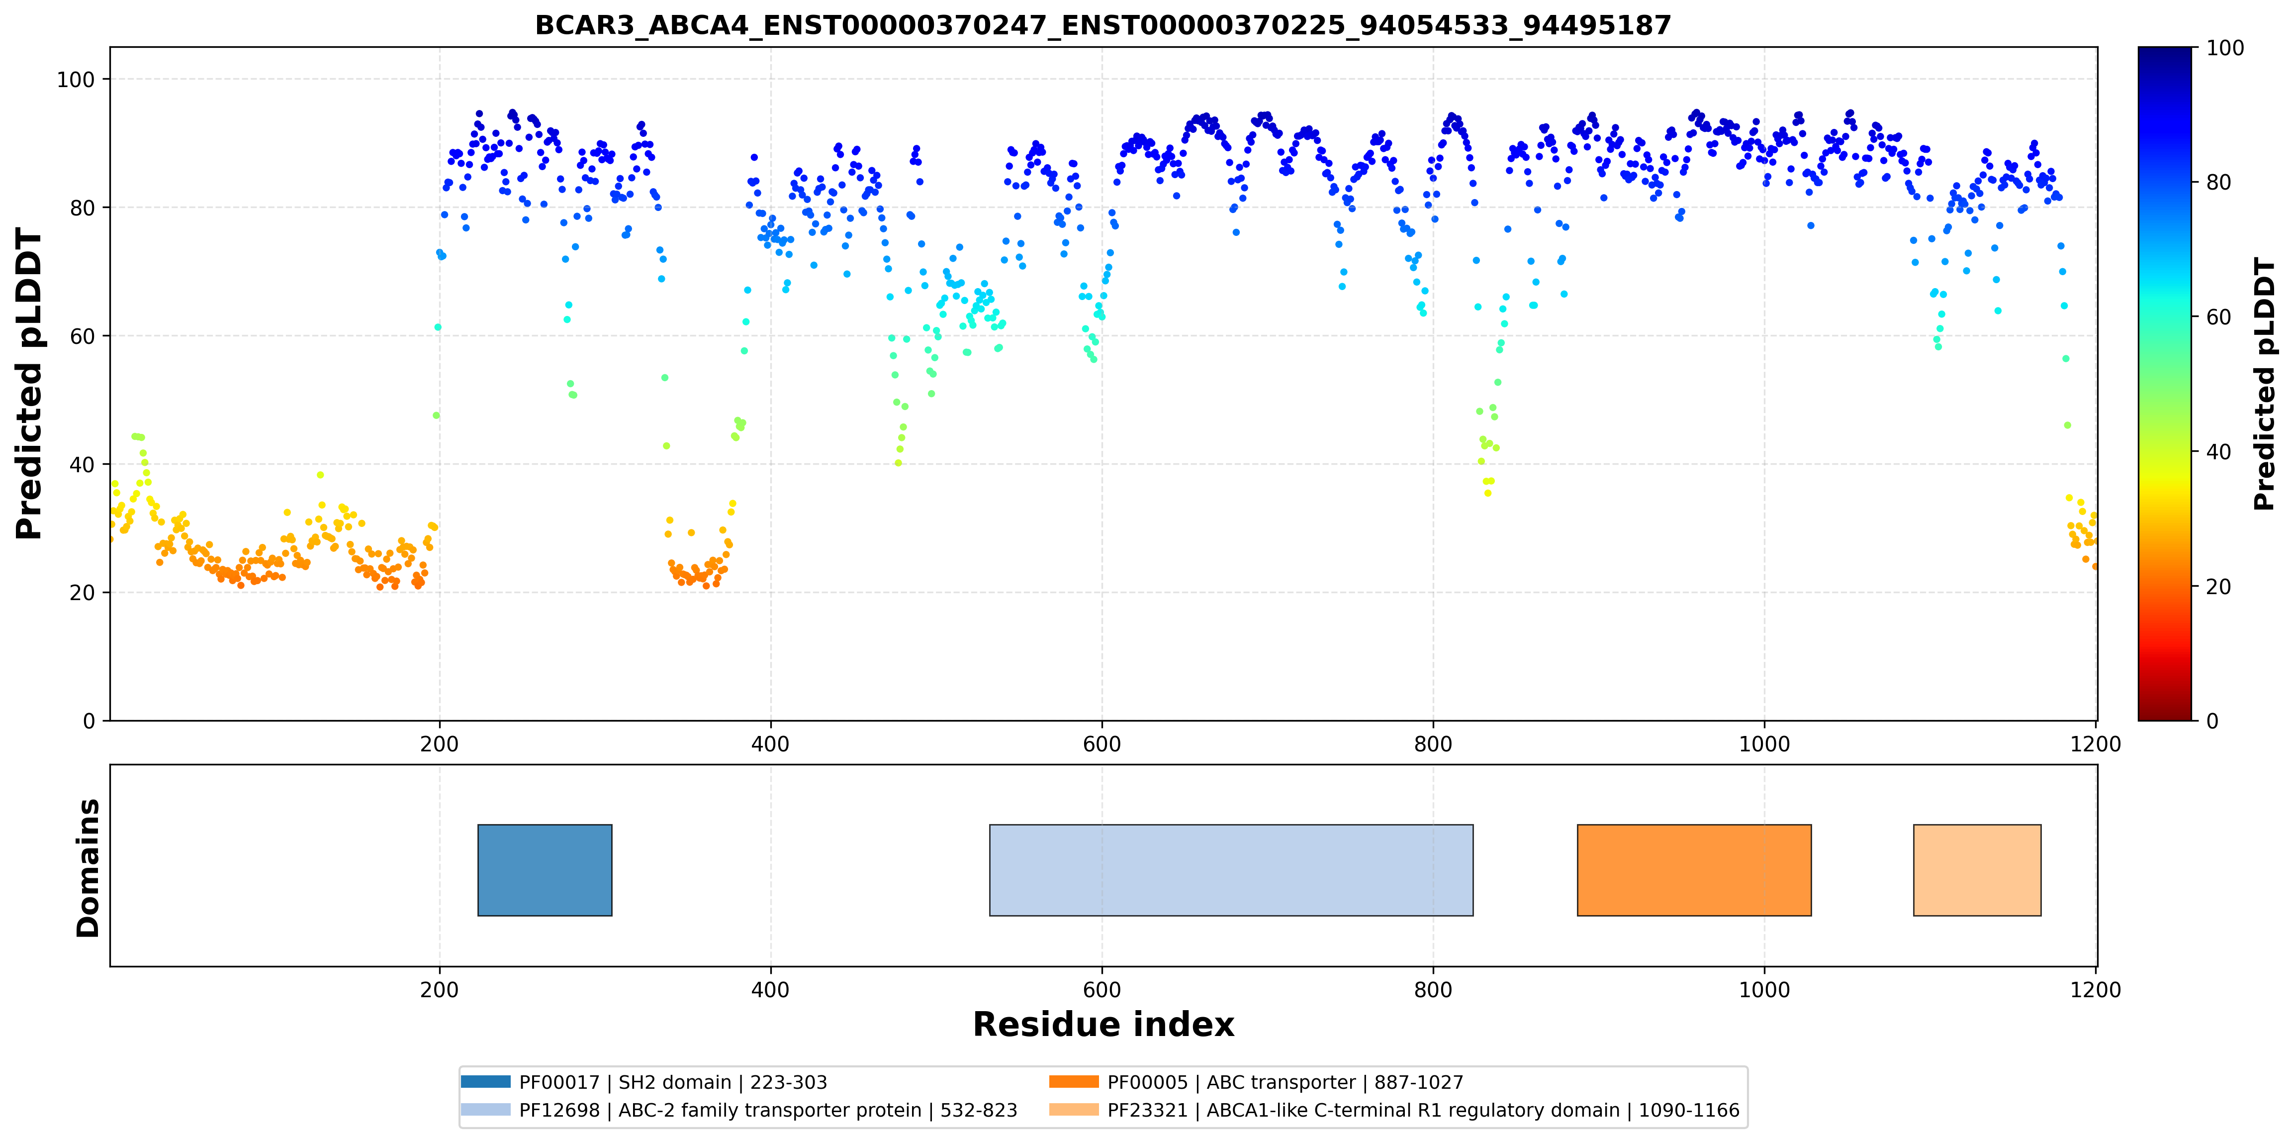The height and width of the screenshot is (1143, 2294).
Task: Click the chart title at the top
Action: click(x=1102, y=25)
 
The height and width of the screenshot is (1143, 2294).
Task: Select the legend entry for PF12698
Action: click(x=739, y=1110)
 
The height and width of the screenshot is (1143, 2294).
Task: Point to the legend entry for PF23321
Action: click(x=1394, y=1110)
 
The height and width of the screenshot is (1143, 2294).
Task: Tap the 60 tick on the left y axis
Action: click(x=82, y=336)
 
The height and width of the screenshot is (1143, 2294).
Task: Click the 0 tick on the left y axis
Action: click(x=89, y=721)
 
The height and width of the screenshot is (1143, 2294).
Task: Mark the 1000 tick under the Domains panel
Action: click(x=1764, y=990)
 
